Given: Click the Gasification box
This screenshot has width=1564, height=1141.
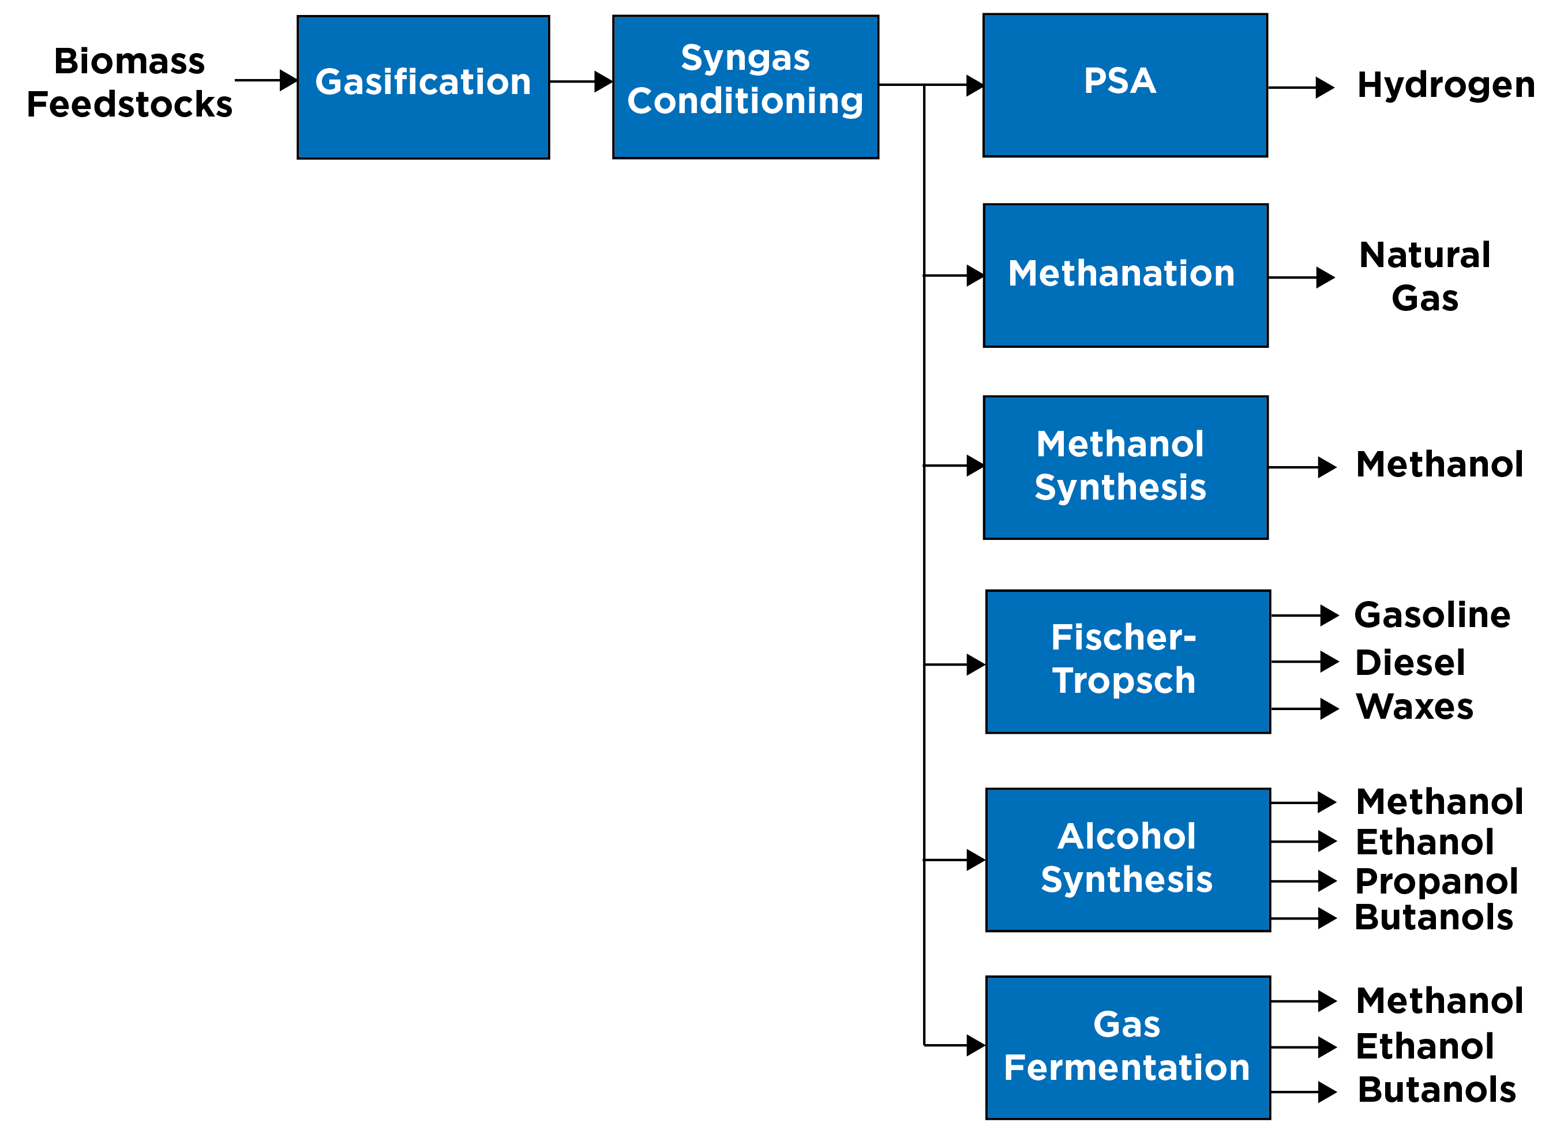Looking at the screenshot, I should coord(423,87).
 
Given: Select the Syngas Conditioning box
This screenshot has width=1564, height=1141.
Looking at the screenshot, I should coord(745,87).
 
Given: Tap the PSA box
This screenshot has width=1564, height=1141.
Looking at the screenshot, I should coord(1124,85).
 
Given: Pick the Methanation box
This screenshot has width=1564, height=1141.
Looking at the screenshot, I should coord(1126,275).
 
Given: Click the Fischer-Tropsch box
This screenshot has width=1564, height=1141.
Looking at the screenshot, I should coord(1127,662).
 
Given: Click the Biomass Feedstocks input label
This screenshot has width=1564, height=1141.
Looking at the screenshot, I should coord(129,83).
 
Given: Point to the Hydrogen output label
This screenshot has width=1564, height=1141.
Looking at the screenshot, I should coord(1446,85).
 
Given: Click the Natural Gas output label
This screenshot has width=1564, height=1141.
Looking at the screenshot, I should coord(1424,276).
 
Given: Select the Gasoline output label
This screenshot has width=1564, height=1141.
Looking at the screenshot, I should coord(1432,615).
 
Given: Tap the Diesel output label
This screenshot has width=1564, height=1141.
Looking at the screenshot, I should coord(1410,663).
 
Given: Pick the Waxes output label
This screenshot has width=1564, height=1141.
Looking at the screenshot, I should coord(1414,707).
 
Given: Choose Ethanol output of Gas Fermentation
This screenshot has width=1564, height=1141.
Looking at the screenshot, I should coord(1424,1046).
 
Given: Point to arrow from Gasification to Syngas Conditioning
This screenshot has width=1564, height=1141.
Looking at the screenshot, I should coord(580,81).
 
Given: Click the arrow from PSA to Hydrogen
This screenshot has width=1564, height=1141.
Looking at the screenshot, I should coord(1300,88).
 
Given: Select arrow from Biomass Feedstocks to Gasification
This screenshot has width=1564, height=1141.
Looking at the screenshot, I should coord(266,80).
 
